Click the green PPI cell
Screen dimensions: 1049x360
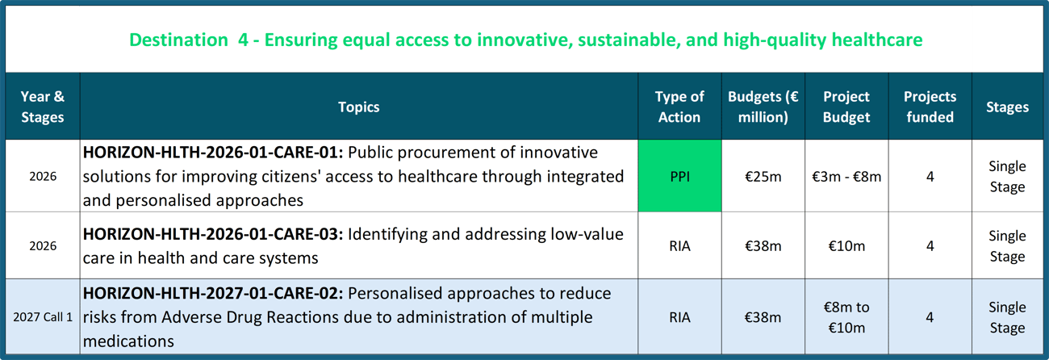point(679,176)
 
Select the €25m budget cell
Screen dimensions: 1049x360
point(763,177)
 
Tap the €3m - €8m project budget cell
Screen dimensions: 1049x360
point(846,177)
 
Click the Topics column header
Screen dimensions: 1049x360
point(359,107)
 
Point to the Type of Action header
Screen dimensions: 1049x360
point(679,107)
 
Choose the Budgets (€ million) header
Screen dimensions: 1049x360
point(763,107)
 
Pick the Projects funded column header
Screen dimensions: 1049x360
point(930,107)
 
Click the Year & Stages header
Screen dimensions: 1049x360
point(43,107)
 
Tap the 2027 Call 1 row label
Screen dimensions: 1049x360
point(43,317)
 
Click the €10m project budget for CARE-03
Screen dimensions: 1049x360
point(846,246)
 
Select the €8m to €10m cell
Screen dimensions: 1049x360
point(846,317)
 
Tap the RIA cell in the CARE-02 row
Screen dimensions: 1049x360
point(679,317)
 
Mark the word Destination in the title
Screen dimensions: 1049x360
point(178,40)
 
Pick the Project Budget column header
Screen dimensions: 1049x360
point(846,107)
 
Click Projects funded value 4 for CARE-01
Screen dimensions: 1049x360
point(930,177)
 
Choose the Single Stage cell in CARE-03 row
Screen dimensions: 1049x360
point(1007,246)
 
